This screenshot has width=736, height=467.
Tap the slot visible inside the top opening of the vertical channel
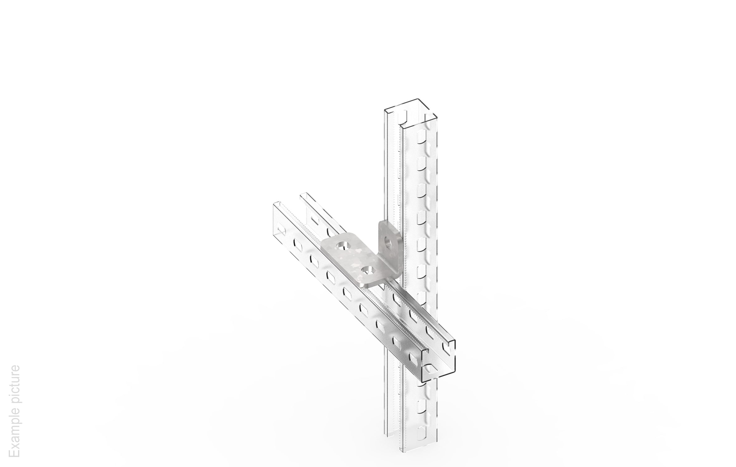(404, 115)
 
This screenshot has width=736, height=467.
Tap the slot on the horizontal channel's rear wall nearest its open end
(448, 349)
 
